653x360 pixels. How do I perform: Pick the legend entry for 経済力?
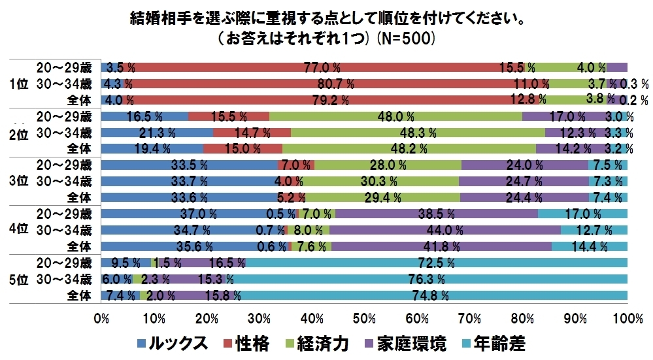click(x=320, y=344)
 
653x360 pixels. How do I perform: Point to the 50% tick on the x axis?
click(x=364, y=318)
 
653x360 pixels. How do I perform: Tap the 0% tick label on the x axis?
click(x=101, y=318)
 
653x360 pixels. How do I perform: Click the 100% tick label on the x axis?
click(x=628, y=318)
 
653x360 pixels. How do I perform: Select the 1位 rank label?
click(x=20, y=84)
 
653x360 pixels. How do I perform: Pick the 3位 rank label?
click(x=20, y=180)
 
